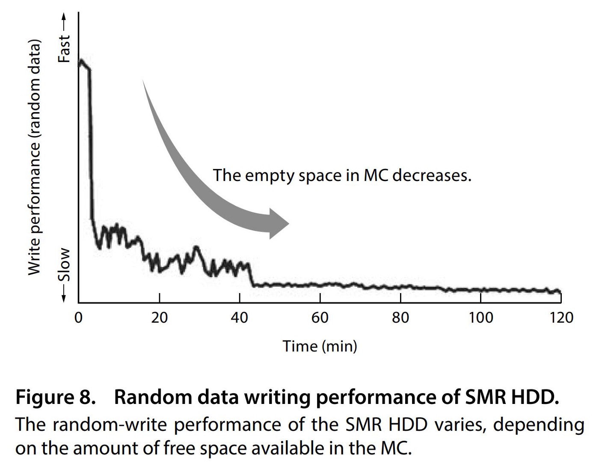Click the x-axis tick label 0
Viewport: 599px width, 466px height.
[x=78, y=318]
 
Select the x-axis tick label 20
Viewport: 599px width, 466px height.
[x=159, y=318]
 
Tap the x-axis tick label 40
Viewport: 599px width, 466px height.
[x=239, y=318]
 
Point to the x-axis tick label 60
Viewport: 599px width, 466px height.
[x=320, y=318]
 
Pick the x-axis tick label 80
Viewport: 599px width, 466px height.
[x=400, y=318]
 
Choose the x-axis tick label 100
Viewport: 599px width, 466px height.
[x=480, y=318]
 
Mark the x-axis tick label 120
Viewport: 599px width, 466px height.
[x=560, y=318]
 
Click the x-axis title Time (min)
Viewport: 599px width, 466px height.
[x=320, y=346]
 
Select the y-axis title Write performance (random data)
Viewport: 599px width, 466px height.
[x=34, y=157]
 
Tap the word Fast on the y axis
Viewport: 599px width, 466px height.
[x=64, y=49]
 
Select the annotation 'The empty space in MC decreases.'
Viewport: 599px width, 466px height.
[x=342, y=175]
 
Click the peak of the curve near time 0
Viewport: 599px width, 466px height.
[x=80, y=61]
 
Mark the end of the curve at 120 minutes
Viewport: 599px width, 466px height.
[x=559, y=292]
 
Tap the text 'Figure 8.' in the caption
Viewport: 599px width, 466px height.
[x=55, y=398]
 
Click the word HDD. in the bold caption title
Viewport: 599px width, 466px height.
[x=535, y=398]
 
